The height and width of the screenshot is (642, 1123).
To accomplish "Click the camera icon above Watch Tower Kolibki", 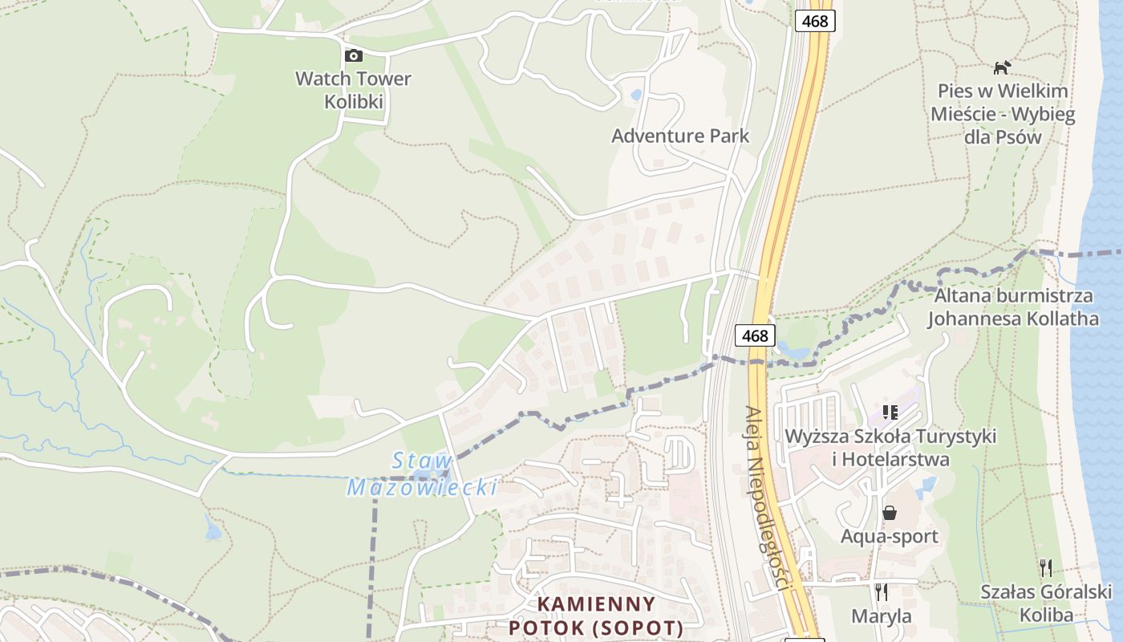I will (x=353, y=55).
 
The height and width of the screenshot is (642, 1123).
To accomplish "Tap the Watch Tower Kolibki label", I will (x=353, y=90).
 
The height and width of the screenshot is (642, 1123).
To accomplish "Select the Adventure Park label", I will (x=680, y=136).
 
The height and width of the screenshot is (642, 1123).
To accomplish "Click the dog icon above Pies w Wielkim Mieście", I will (x=1002, y=67).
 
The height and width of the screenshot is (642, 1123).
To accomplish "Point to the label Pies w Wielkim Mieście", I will (x=1002, y=113).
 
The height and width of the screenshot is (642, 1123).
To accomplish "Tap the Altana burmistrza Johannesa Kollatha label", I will (x=1013, y=307).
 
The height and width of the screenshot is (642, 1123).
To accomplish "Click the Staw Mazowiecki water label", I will (x=423, y=474).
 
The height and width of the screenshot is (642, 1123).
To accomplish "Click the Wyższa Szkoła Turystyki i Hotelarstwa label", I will (x=890, y=448).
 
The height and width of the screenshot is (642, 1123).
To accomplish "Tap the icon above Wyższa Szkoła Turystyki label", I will (x=890, y=412).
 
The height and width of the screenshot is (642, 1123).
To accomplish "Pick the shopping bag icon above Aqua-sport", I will (x=890, y=512).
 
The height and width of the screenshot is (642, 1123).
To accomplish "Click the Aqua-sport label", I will (x=890, y=536).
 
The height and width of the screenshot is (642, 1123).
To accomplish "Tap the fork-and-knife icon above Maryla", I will (x=882, y=592).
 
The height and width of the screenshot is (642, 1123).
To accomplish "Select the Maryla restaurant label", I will (x=882, y=616).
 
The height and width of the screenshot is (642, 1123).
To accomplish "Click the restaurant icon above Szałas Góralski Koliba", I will (x=1046, y=568).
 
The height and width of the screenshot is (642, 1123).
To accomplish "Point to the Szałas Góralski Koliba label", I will (x=1046, y=603).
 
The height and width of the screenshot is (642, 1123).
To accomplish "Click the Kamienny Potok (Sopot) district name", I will (x=596, y=616).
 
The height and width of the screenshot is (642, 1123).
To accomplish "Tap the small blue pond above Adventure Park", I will (x=636, y=95).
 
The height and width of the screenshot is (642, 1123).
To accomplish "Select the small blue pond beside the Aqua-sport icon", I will (x=928, y=486).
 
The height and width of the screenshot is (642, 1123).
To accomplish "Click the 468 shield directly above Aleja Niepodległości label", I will (x=755, y=335).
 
